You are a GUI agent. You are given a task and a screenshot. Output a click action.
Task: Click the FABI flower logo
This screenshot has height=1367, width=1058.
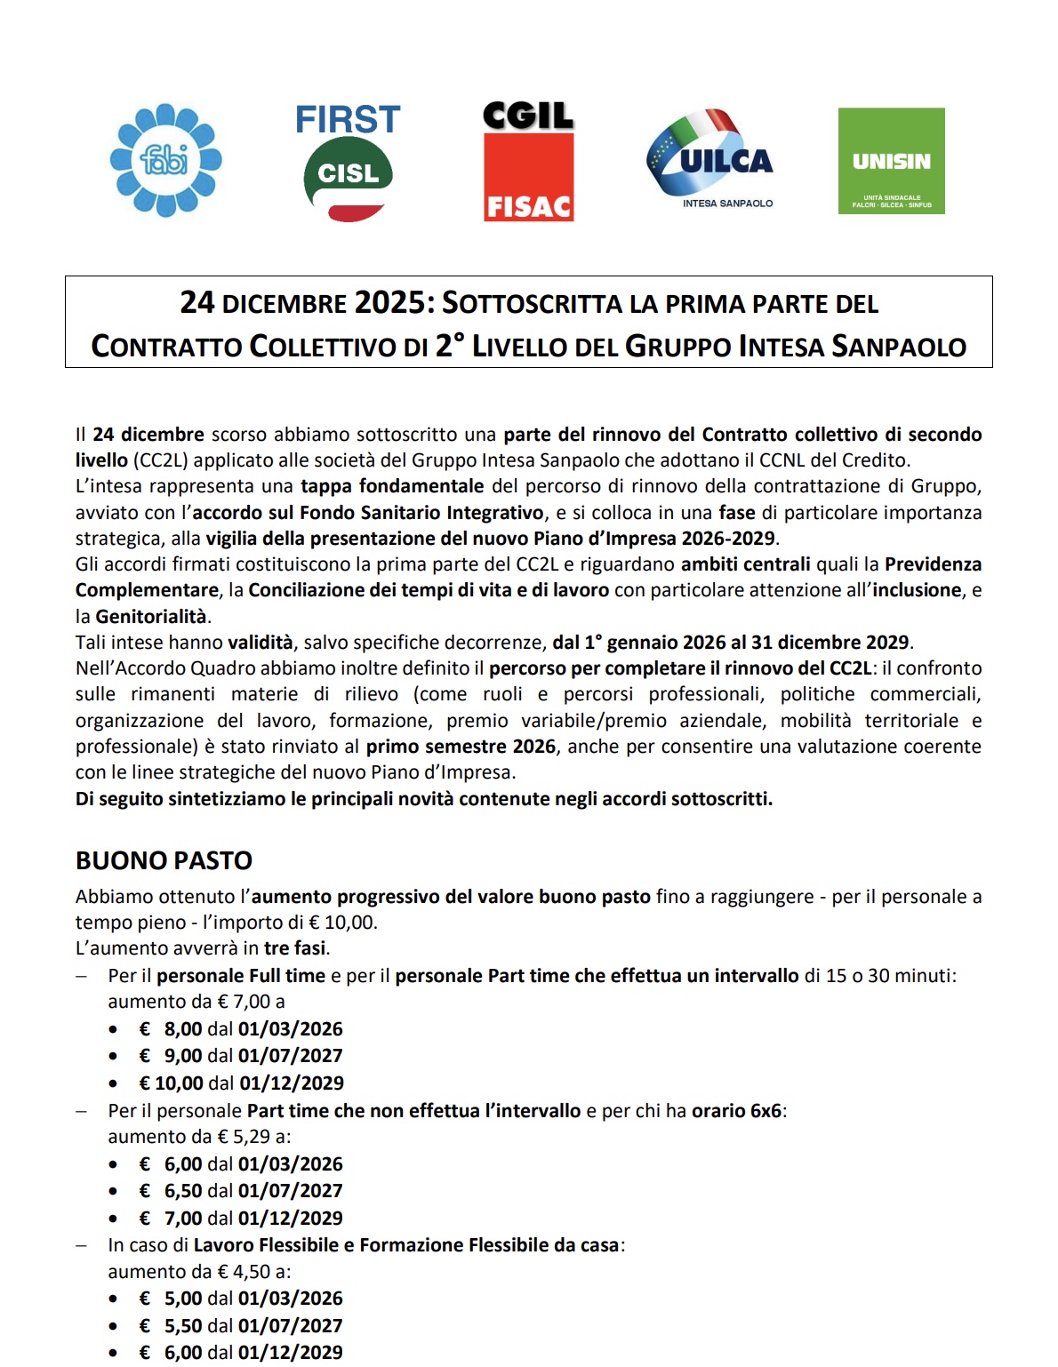(165, 161)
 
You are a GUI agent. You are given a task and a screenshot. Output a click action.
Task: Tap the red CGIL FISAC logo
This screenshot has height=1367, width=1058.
(528, 162)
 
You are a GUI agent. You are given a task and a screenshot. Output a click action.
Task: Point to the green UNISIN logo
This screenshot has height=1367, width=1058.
(891, 161)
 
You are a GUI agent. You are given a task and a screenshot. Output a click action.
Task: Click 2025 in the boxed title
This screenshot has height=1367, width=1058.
(389, 303)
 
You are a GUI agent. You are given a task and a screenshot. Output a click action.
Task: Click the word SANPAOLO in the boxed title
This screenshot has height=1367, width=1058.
(898, 346)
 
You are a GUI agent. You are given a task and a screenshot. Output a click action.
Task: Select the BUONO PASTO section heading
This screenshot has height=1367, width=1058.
(164, 860)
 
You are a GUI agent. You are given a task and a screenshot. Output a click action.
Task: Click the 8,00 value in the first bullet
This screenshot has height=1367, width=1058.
(183, 1028)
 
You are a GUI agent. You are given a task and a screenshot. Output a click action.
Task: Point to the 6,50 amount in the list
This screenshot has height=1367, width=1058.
(183, 1190)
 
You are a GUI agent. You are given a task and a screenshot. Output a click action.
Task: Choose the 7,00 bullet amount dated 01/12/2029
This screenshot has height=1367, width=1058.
(183, 1218)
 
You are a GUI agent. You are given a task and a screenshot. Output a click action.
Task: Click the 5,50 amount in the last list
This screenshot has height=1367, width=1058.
(183, 1325)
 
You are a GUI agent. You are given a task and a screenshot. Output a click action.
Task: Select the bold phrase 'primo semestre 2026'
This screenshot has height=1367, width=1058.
(461, 747)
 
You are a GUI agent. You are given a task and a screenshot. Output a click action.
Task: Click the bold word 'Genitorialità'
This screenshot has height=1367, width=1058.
(151, 616)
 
